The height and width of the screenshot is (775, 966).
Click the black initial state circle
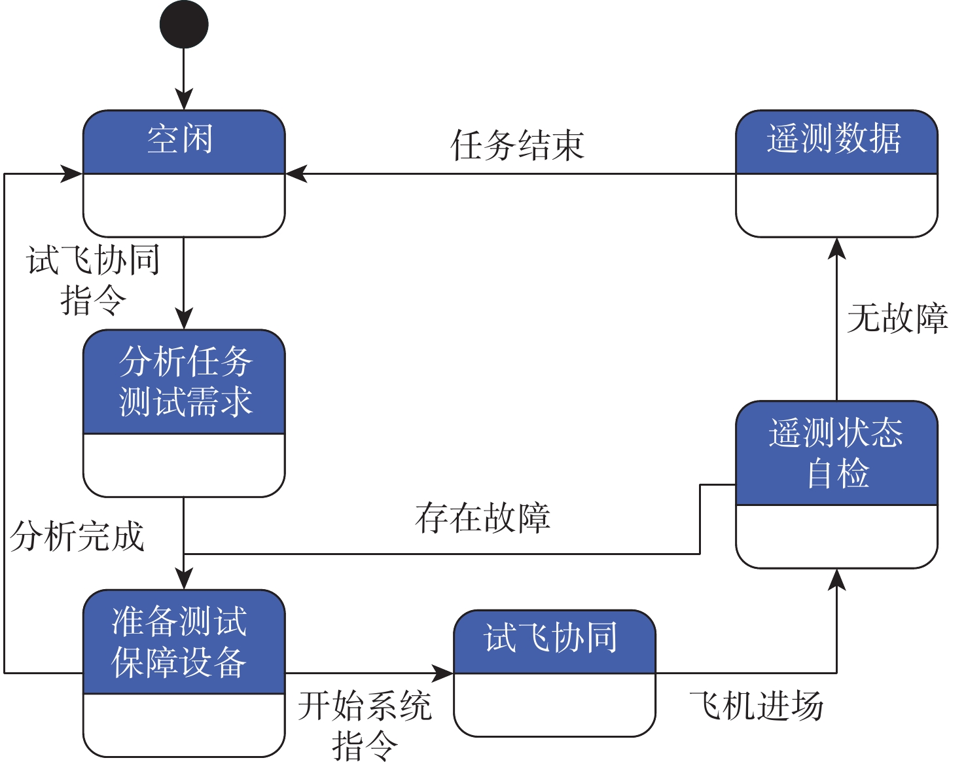184,24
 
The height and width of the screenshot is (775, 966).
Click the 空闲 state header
183,141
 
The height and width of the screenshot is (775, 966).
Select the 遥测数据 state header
836,141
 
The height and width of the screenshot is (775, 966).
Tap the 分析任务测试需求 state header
183,381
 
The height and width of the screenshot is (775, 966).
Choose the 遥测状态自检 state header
836,452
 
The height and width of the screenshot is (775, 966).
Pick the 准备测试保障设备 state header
183,641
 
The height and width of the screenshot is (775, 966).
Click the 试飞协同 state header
554,641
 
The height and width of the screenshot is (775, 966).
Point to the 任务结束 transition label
517,145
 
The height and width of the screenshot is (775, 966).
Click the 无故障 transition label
897,319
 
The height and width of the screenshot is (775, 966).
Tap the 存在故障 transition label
482,518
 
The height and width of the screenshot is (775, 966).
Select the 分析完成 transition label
77,537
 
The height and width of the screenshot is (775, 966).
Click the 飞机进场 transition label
756,706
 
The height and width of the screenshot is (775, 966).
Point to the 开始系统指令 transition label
365,725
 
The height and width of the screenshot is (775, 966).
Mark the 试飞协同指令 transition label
93,280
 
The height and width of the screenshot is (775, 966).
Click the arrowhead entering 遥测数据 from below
836,248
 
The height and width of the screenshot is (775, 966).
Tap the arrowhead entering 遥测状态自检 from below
836,579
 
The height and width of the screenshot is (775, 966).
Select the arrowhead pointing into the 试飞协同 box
443,672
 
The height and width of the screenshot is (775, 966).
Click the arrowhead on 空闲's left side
72,174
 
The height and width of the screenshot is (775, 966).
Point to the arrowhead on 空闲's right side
296,174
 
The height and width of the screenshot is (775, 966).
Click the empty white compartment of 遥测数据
836,204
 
